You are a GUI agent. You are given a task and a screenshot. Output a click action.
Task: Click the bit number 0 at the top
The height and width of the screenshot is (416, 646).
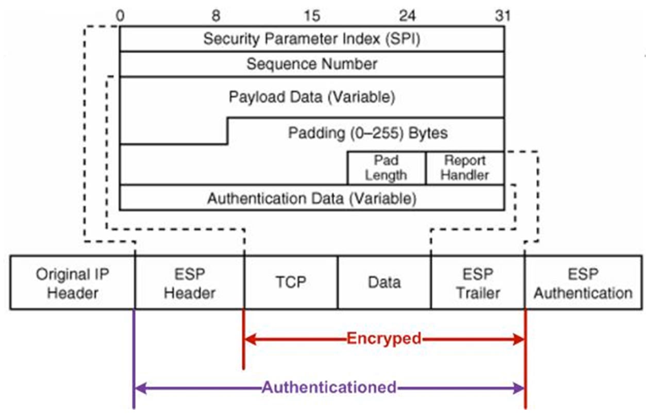(x=120, y=14)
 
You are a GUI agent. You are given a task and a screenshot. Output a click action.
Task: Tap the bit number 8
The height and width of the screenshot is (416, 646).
(x=216, y=14)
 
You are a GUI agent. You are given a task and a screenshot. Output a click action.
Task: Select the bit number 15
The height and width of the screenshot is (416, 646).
(x=311, y=14)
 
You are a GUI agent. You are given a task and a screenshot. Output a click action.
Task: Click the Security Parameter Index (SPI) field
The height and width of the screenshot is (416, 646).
(x=311, y=39)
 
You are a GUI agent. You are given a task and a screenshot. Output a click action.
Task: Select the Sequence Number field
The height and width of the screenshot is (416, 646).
(x=311, y=64)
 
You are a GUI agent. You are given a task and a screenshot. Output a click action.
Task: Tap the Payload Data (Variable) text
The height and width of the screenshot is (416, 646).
(x=311, y=96)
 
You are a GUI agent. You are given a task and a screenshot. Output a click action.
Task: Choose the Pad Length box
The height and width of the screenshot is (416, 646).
(x=386, y=167)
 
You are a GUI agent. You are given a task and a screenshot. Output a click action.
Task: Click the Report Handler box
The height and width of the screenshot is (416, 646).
(x=465, y=167)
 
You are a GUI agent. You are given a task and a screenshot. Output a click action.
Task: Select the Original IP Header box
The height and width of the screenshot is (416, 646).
(x=73, y=283)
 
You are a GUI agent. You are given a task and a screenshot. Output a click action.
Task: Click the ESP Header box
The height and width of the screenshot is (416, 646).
(x=190, y=283)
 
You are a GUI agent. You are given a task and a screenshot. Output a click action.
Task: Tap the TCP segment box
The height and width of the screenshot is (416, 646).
(x=291, y=282)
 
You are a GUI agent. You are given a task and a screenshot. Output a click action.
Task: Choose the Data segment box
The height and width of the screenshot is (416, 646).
(x=384, y=282)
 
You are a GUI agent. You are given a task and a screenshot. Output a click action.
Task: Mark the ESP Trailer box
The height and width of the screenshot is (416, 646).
(x=478, y=283)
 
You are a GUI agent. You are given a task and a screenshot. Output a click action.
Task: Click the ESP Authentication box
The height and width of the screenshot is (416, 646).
(x=583, y=283)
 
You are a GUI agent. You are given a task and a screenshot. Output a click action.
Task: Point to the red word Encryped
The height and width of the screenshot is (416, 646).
(x=384, y=338)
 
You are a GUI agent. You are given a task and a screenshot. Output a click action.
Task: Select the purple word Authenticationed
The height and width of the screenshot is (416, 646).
(x=329, y=387)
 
